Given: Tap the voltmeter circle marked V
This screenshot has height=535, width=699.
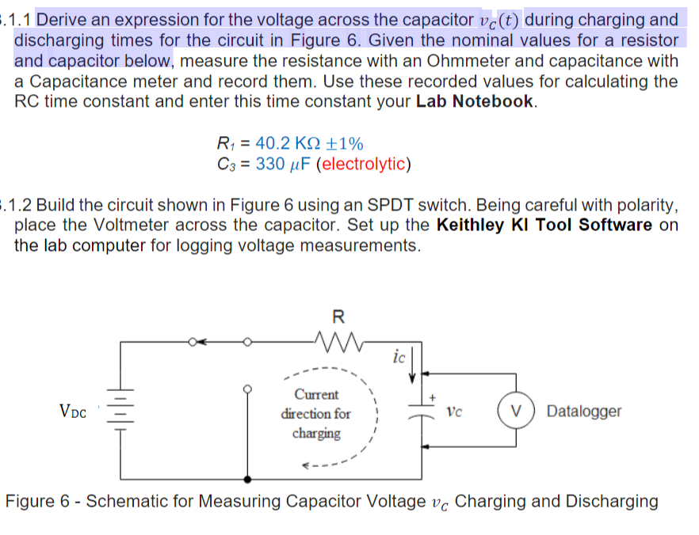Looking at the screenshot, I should (x=515, y=412).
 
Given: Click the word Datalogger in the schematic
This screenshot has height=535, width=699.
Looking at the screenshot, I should (x=584, y=412).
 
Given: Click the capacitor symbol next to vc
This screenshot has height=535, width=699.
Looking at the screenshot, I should (x=420, y=412).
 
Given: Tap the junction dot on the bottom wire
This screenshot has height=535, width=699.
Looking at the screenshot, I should (x=247, y=479).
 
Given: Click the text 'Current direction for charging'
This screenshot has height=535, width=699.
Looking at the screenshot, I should (x=316, y=413).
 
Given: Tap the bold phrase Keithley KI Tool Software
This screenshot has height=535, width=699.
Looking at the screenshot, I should (x=544, y=225).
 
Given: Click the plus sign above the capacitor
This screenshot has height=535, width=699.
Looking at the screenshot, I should (x=433, y=395).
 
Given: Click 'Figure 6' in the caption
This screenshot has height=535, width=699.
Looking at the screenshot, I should (x=37, y=502).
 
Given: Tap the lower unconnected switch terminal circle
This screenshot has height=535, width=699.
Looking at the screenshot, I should (x=247, y=388).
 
